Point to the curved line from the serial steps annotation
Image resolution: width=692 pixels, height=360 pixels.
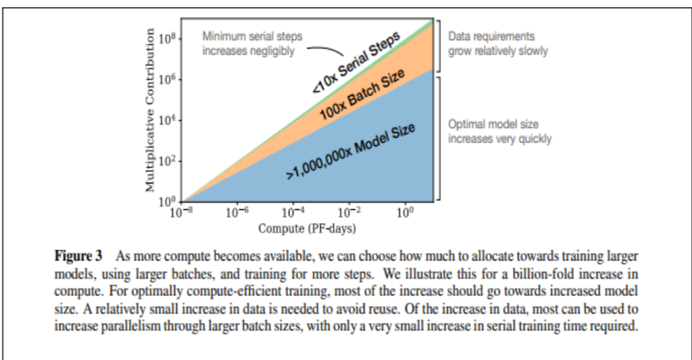(x=326, y=50)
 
